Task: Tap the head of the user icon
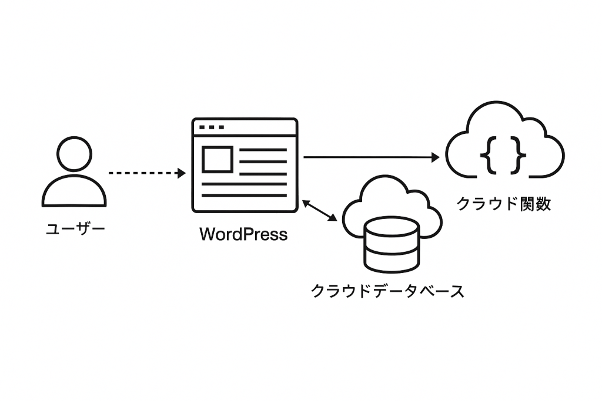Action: click(x=75, y=154)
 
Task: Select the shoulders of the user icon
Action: click(x=75, y=191)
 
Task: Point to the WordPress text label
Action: click(x=243, y=234)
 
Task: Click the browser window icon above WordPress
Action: click(x=245, y=165)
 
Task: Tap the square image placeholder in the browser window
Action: click(x=218, y=160)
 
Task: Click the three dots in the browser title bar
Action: click(x=212, y=127)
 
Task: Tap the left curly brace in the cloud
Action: click(x=487, y=154)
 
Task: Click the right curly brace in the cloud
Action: click(x=519, y=154)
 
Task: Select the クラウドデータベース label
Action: click(x=387, y=291)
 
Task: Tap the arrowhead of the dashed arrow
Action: click(x=182, y=173)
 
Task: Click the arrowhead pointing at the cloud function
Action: click(x=435, y=157)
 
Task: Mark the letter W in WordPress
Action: click(x=206, y=234)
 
